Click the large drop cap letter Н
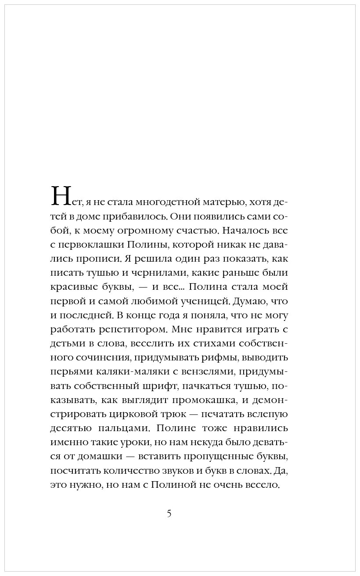(61, 196)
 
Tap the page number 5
(169, 513)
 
